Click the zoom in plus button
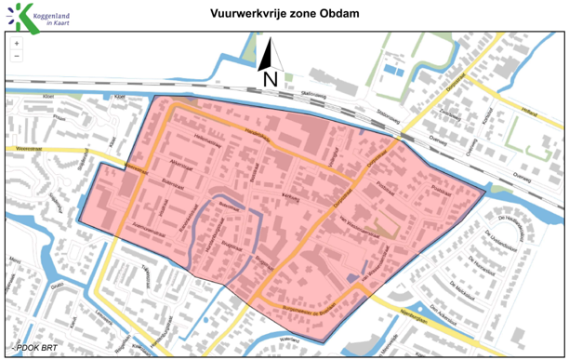click(17, 44)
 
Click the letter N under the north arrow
click(270, 79)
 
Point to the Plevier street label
click(62, 118)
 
